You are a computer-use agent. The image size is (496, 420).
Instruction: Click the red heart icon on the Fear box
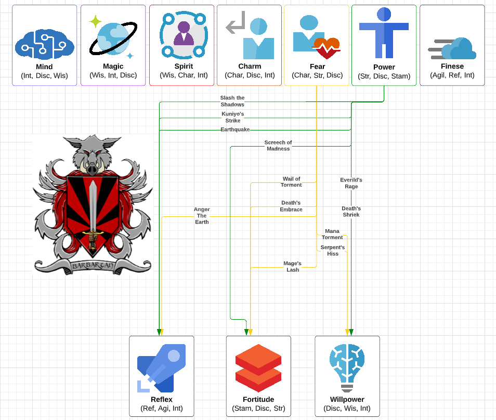click(x=326, y=48)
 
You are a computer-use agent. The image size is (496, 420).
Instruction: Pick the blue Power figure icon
click(x=384, y=32)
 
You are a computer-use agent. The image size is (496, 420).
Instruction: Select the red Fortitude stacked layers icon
click(x=258, y=367)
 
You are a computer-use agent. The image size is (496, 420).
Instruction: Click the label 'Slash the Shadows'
click(x=232, y=101)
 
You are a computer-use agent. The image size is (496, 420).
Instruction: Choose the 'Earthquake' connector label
click(x=235, y=129)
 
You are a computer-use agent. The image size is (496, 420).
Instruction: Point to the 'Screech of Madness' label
click(x=278, y=146)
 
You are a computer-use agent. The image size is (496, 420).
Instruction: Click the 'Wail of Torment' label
click(x=291, y=182)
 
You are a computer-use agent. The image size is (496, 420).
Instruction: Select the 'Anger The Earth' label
click(x=202, y=216)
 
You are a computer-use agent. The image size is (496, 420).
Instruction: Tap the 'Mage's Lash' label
click(x=293, y=267)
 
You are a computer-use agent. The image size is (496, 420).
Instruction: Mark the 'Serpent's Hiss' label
click(x=333, y=251)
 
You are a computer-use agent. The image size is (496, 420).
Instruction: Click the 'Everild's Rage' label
click(x=351, y=183)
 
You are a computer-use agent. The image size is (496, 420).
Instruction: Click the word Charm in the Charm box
click(x=250, y=67)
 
